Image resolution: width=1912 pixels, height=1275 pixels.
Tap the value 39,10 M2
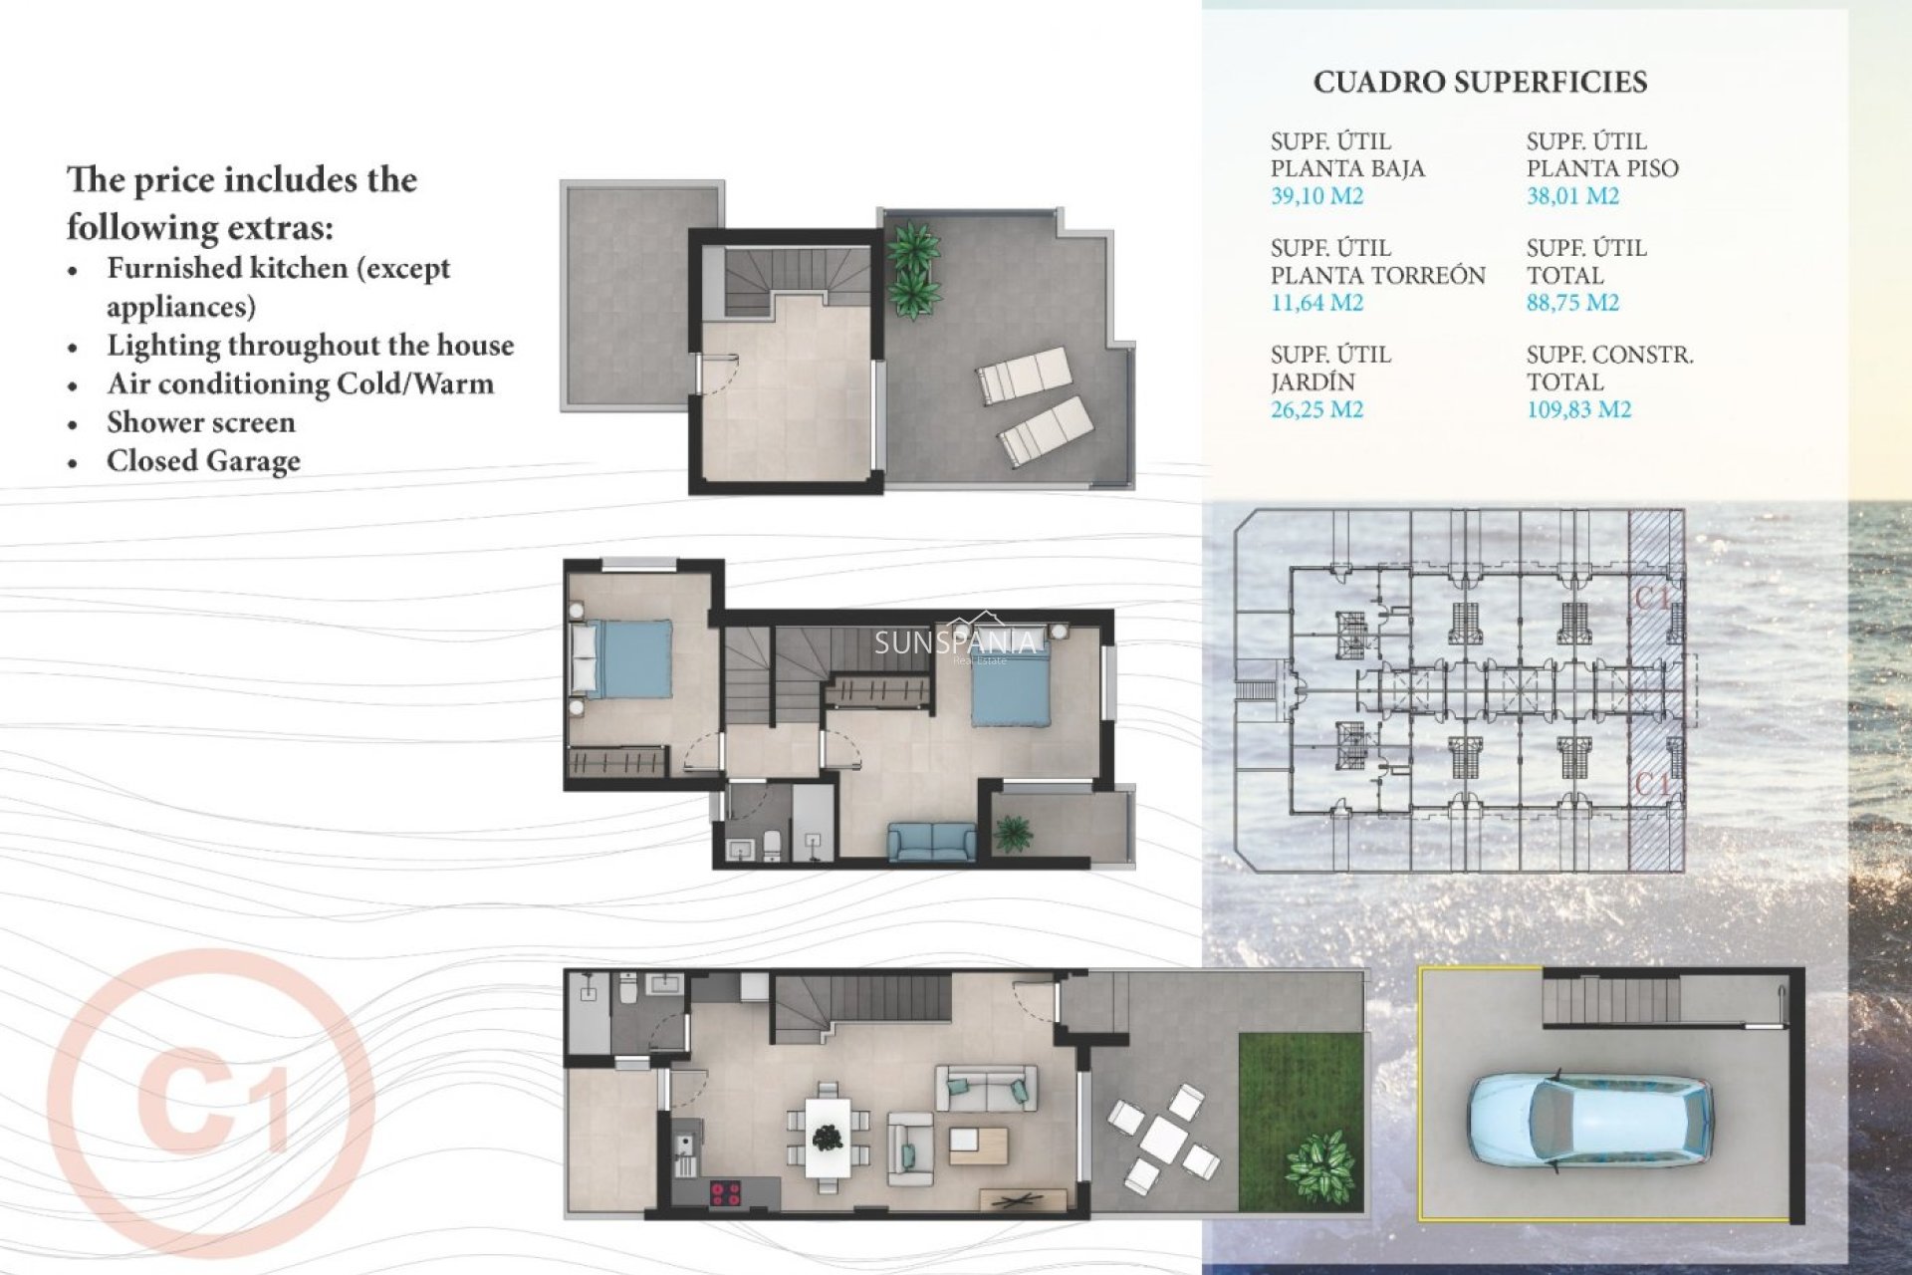click(1316, 196)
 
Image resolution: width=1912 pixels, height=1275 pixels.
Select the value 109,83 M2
click(1578, 409)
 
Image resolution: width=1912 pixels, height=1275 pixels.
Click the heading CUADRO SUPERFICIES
click(1480, 83)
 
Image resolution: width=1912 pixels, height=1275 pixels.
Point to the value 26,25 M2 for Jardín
click(1316, 409)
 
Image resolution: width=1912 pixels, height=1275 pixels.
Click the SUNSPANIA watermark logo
click(954, 642)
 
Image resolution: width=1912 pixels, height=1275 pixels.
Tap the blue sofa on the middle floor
click(932, 842)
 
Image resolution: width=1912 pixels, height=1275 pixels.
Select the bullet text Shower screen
click(201, 422)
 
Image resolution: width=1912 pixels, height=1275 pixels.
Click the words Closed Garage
click(203, 461)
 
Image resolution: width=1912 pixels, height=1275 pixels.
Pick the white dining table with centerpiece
click(827, 1137)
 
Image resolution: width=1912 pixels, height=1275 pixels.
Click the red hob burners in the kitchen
click(725, 1192)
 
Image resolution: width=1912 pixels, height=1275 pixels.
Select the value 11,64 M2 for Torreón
click(1316, 303)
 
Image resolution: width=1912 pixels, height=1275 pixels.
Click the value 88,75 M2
click(1572, 303)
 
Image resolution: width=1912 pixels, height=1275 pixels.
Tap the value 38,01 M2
click(1572, 196)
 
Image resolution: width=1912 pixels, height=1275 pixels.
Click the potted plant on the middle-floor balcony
click(1013, 833)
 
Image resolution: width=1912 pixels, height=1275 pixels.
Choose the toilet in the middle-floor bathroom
click(771, 846)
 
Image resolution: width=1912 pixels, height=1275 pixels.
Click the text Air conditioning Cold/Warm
click(300, 384)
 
